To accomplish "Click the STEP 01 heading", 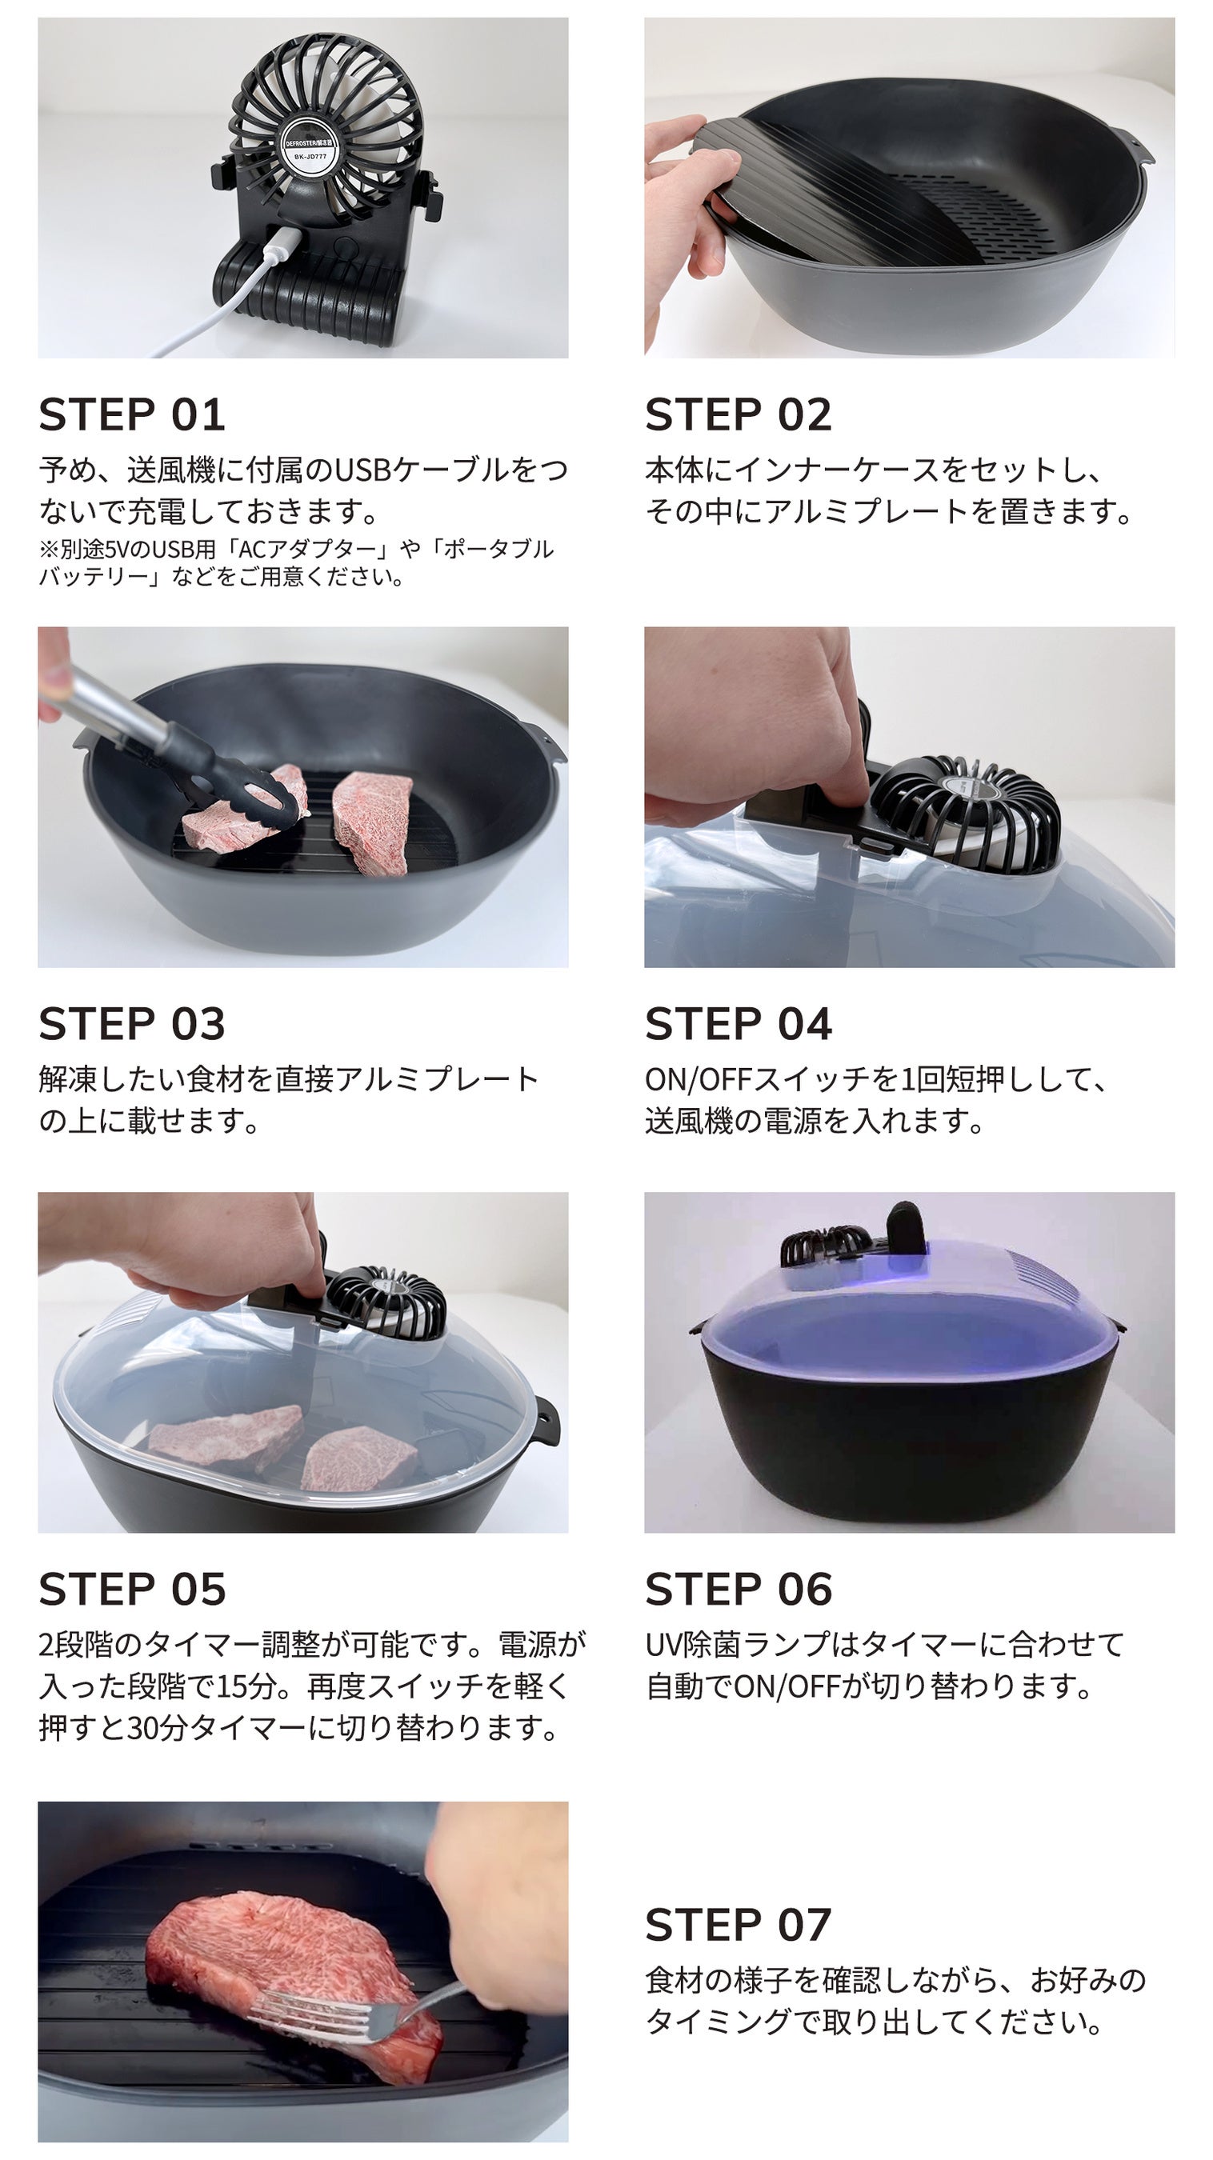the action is tap(132, 414).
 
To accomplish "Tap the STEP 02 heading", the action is tap(739, 414).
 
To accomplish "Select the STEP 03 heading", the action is tap(132, 1024).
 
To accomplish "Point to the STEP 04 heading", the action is tap(739, 1024).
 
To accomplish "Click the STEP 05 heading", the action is tap(132, 1589).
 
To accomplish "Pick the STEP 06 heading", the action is tap(739, 1589).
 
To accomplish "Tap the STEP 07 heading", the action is tap(739, 1924).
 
